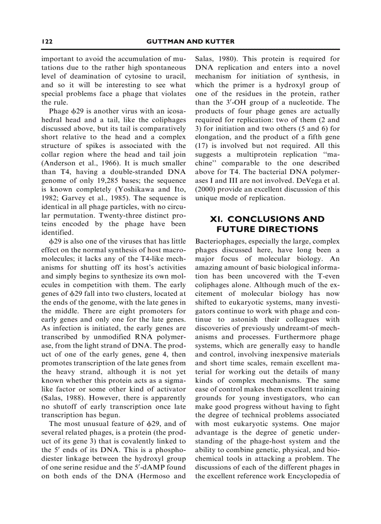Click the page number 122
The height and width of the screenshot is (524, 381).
pos(47,42)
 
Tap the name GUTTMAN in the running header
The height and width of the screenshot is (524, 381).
pos(164,42)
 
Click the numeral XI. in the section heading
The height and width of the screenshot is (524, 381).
pos(215,219)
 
